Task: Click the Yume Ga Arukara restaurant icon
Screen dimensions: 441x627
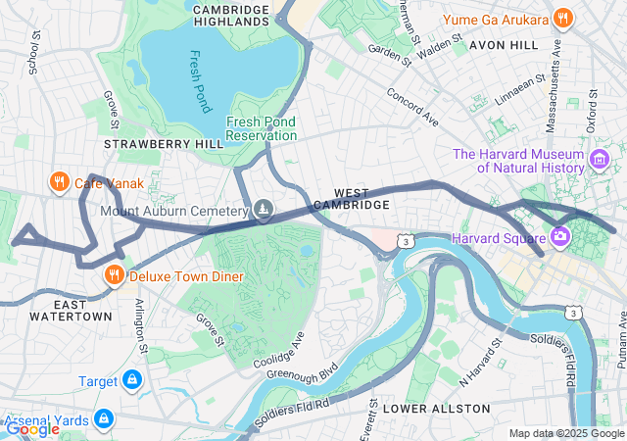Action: coord(562,18)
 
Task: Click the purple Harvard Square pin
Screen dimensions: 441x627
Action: coord(561,236)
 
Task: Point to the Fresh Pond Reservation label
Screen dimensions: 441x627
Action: coord(261,128)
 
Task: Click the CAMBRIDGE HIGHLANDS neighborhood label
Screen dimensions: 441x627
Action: coord(231,17)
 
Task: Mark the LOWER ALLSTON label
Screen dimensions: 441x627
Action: coord(436,407)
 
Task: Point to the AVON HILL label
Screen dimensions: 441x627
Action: coord(503,45)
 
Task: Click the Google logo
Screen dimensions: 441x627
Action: coord(32,428)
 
